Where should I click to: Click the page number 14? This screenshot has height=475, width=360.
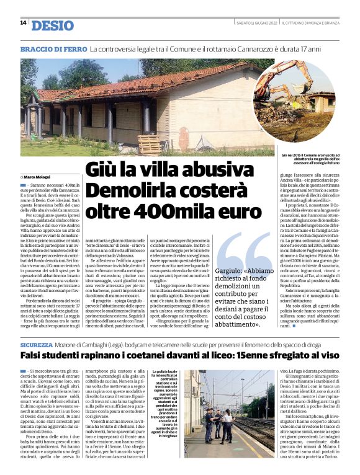(x=23, y=23)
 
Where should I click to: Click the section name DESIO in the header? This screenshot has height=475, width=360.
(x=52, y=25)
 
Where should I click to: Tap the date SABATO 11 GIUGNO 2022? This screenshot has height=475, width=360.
(x=256, y=23)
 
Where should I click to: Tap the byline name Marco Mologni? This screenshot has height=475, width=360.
(x=38, y=177)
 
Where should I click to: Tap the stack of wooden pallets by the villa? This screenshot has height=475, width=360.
(x=149, y=143)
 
